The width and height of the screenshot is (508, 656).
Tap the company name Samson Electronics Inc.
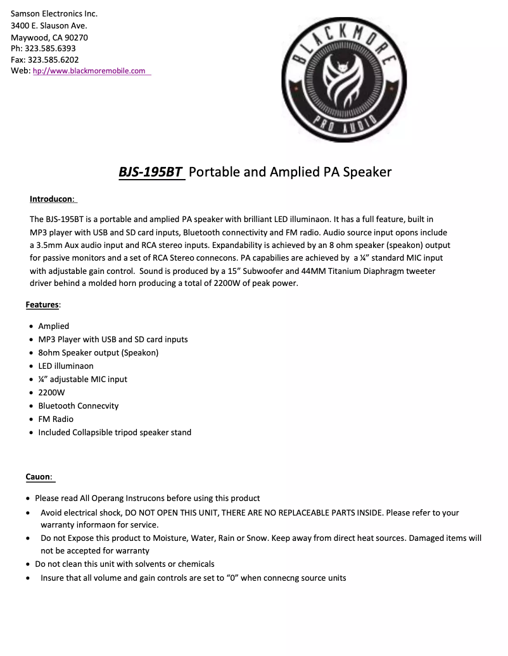[x=54, y=13]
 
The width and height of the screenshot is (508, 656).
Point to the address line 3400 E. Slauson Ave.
[x=49, y=25]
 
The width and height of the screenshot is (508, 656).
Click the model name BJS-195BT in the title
[x=151, y=172]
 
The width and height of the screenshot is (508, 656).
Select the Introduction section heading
[x=52, y=199]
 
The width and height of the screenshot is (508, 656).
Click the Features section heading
[x=42, y=305]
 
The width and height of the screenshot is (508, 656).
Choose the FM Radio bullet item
[x=56, y=419]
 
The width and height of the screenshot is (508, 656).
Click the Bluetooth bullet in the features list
[x=79, y=406]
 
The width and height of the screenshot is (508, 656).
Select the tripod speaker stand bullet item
[x=115, y=433]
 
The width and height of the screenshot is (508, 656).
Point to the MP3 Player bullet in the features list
[x=113, y=340]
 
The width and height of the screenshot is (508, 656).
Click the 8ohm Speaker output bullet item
[x=98, y=353]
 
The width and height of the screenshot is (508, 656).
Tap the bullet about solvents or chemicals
[x=125, y=564]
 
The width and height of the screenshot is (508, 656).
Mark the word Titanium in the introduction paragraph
[x=340, y=271]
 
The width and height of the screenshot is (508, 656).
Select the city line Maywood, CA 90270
[x=49, y=37]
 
